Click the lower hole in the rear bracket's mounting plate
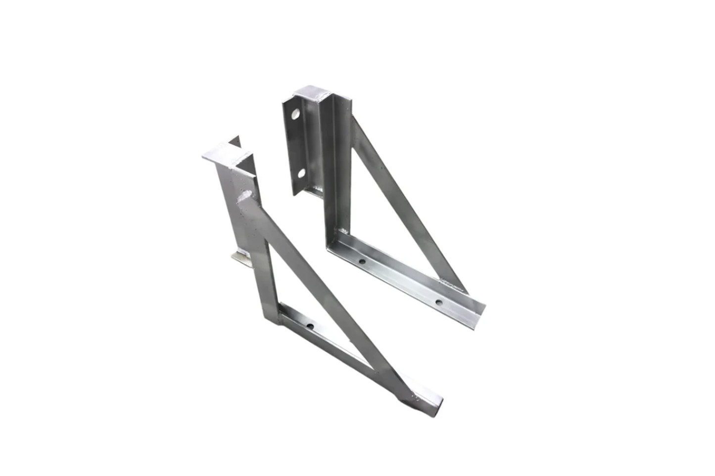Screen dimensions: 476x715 tap(300, 173)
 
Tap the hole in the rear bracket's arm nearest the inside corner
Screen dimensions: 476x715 tap(362, 261)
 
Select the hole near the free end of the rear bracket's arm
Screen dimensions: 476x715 tap(438, 302)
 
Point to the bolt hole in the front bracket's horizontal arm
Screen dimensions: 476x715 tap(310, 326)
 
